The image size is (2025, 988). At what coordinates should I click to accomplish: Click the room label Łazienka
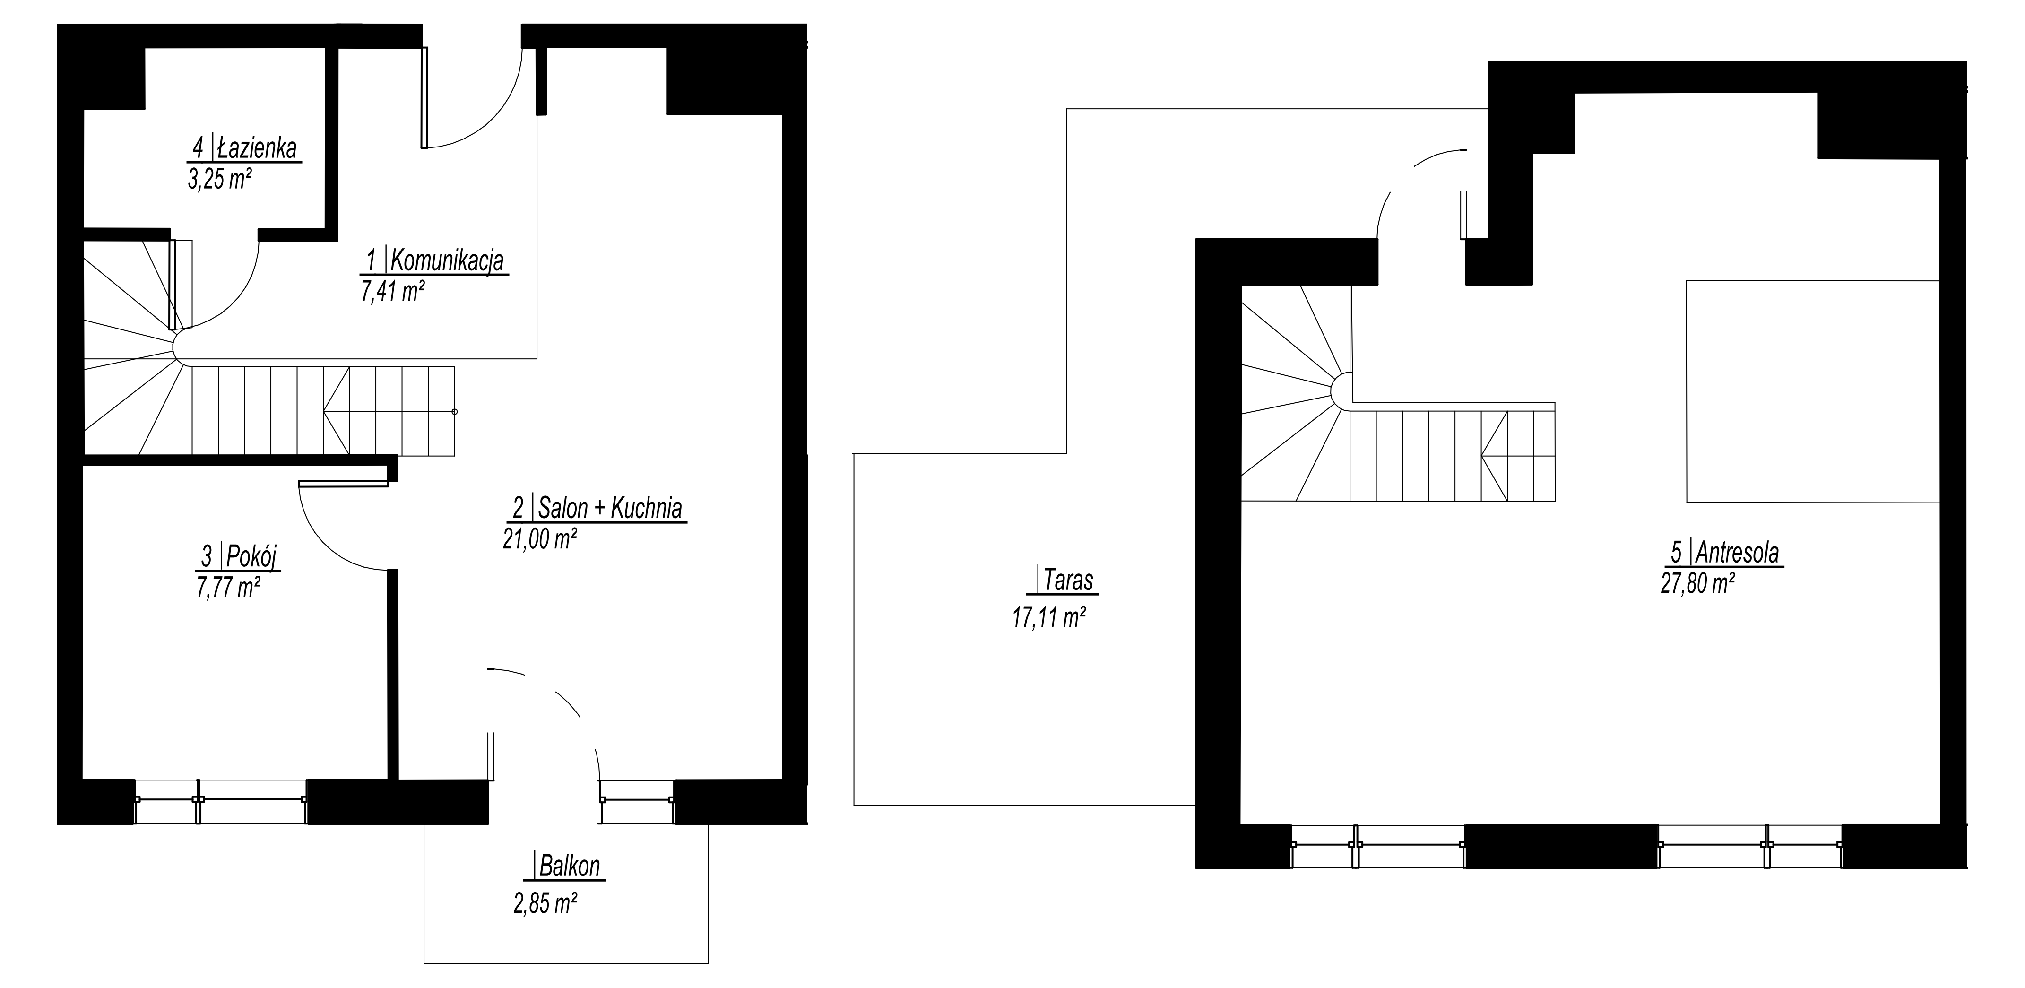(x=257, y=148)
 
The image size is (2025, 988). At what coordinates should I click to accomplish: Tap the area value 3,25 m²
(x=219, y=180)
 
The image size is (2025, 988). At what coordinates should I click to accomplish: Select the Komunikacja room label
(x=447, y=260)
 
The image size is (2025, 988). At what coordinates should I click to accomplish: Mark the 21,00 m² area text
(x=540, y=539)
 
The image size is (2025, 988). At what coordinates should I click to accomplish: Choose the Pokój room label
(x=251, y=556)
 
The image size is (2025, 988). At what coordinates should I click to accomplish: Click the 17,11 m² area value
(x=1048, y=618)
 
